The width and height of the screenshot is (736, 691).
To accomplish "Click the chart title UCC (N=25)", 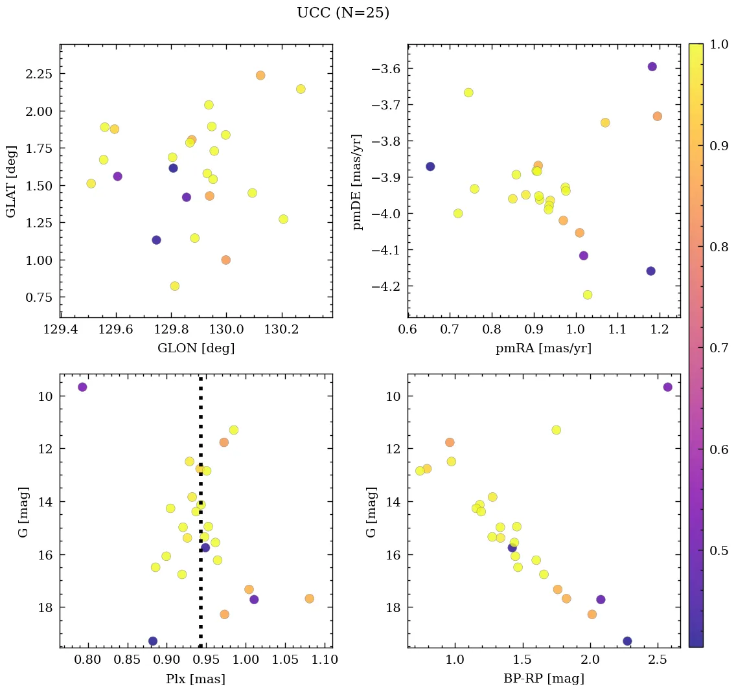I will tap(343, 13).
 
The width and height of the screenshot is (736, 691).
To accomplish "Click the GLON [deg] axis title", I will tap(196, 348).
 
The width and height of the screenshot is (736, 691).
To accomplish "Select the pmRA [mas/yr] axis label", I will tap(544, 348).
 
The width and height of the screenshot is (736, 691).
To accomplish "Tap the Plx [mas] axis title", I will tap(196, 679).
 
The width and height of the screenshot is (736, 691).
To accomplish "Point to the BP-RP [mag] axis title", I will tap(544, 679).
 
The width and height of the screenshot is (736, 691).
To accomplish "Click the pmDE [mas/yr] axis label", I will tap(357, 182).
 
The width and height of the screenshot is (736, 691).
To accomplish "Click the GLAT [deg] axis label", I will tap(10, 182).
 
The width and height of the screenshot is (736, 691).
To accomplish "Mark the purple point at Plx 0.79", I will tap(82, 387).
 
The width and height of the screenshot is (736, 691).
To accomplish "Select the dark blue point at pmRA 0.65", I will tap(430, 166).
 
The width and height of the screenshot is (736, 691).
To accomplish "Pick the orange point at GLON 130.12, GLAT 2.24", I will tap(260, 76).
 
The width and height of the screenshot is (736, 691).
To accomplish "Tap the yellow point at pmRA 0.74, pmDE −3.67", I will tap(468, 93).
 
